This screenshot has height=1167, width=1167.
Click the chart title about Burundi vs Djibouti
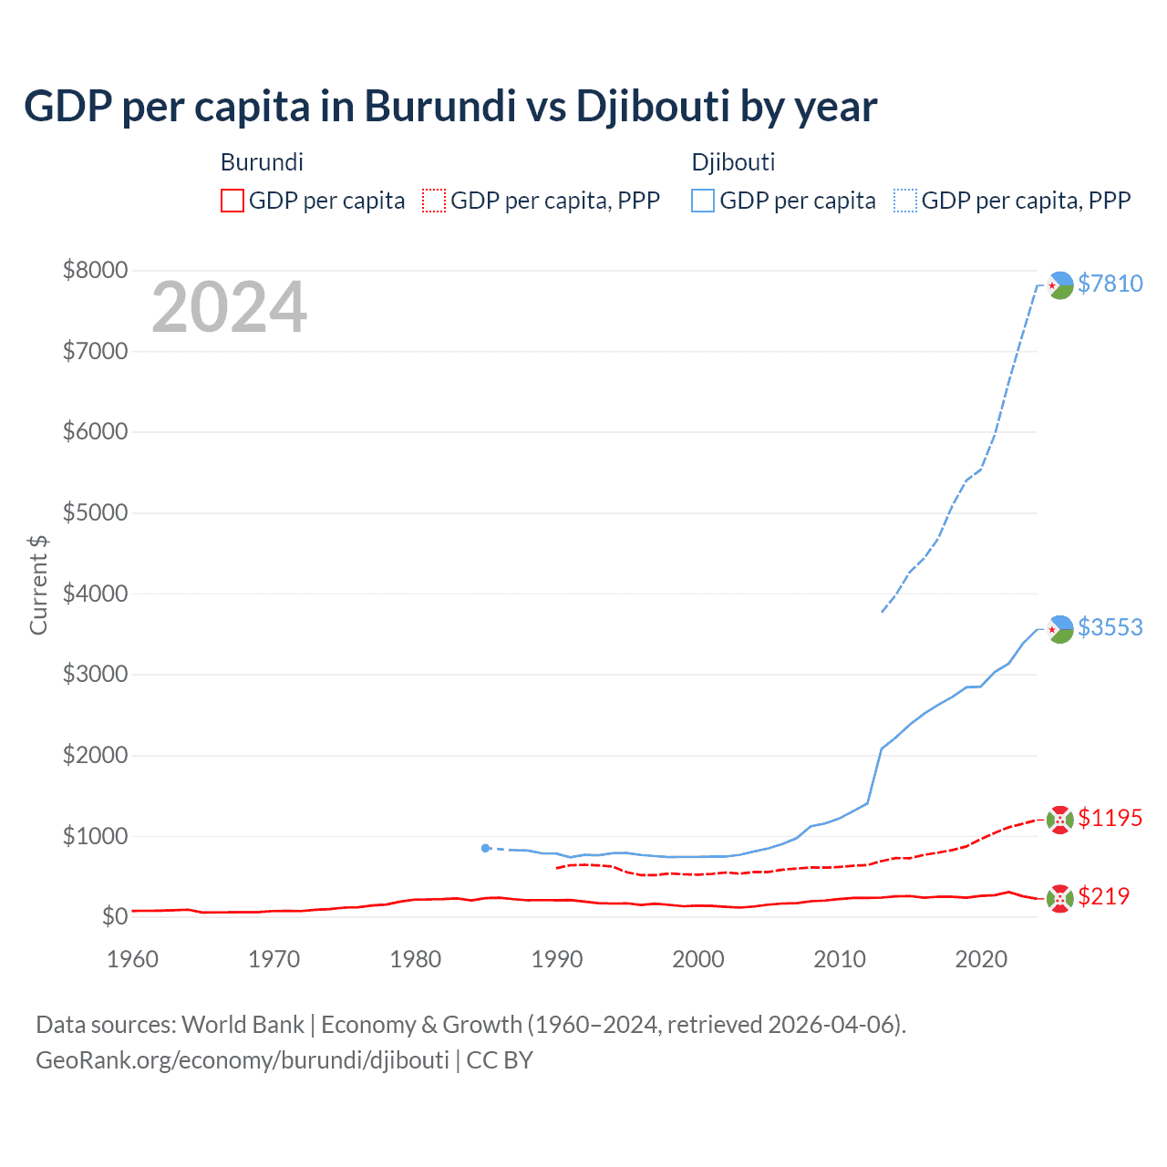[450, 107]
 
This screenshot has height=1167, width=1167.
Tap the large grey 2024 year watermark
[229, 307]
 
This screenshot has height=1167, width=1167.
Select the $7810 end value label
[1110, 284]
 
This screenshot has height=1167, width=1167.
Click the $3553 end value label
[1110, 627]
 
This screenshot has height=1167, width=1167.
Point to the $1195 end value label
[1110, 818]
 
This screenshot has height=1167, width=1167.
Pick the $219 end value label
[1103, 896]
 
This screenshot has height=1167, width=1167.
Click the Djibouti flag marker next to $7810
[1059, 285]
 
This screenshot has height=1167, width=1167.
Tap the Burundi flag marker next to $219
[1059, 898]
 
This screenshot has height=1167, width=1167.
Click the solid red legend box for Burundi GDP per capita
[232, 201]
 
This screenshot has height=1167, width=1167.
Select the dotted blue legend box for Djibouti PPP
[905, 201]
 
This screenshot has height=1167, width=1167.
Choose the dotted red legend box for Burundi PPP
[434, 201]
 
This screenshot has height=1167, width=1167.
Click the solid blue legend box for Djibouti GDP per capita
[703, 201]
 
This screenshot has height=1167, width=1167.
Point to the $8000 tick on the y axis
[95, 270]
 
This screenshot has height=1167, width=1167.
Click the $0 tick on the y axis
[114, 916]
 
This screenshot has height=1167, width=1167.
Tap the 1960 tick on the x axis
[133, 959]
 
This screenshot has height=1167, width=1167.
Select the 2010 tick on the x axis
[840, 959]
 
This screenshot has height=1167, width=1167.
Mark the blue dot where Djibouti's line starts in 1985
[485, 848]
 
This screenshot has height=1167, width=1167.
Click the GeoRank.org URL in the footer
[243, 1060]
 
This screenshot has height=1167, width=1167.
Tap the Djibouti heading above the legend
[733, 162]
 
